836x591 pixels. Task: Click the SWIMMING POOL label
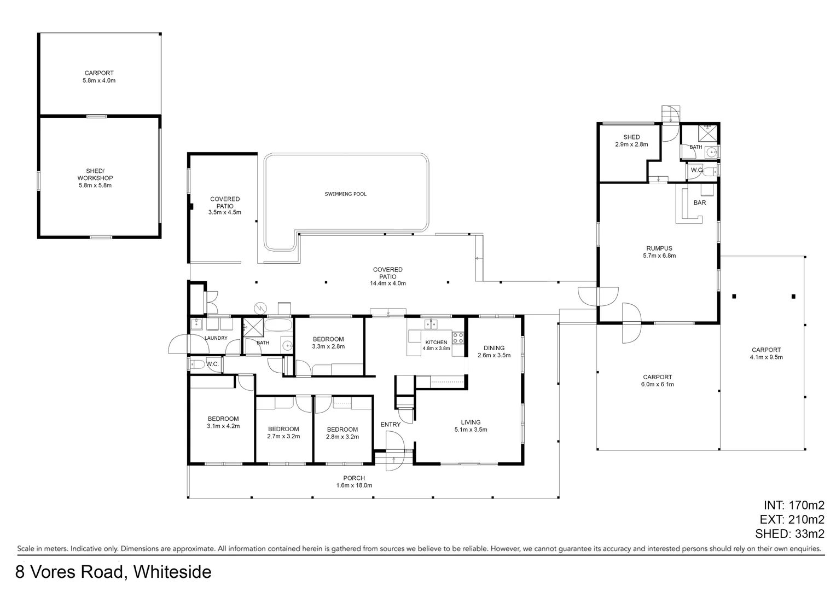pos(345,194)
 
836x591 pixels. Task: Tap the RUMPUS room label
pos(659,248)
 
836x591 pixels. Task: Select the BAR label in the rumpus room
pos(699,202)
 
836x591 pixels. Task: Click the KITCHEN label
pos(436,342)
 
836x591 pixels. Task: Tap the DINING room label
pos(494,348)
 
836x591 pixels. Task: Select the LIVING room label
pos(471,422)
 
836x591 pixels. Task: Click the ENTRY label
pos(390,425)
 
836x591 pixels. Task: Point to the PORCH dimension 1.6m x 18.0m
pos(354,485)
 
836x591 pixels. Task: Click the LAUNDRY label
pos(216,338)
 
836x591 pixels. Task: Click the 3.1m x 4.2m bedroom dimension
pos(223,426)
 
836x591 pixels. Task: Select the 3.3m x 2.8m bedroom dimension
pos(328,346)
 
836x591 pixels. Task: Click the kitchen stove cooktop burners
pos(458,338)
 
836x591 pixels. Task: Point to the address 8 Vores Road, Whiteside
pos(113,572)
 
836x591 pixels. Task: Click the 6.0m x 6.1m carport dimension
pos(657,384)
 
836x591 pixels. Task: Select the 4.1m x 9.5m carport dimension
pos(766,357)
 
